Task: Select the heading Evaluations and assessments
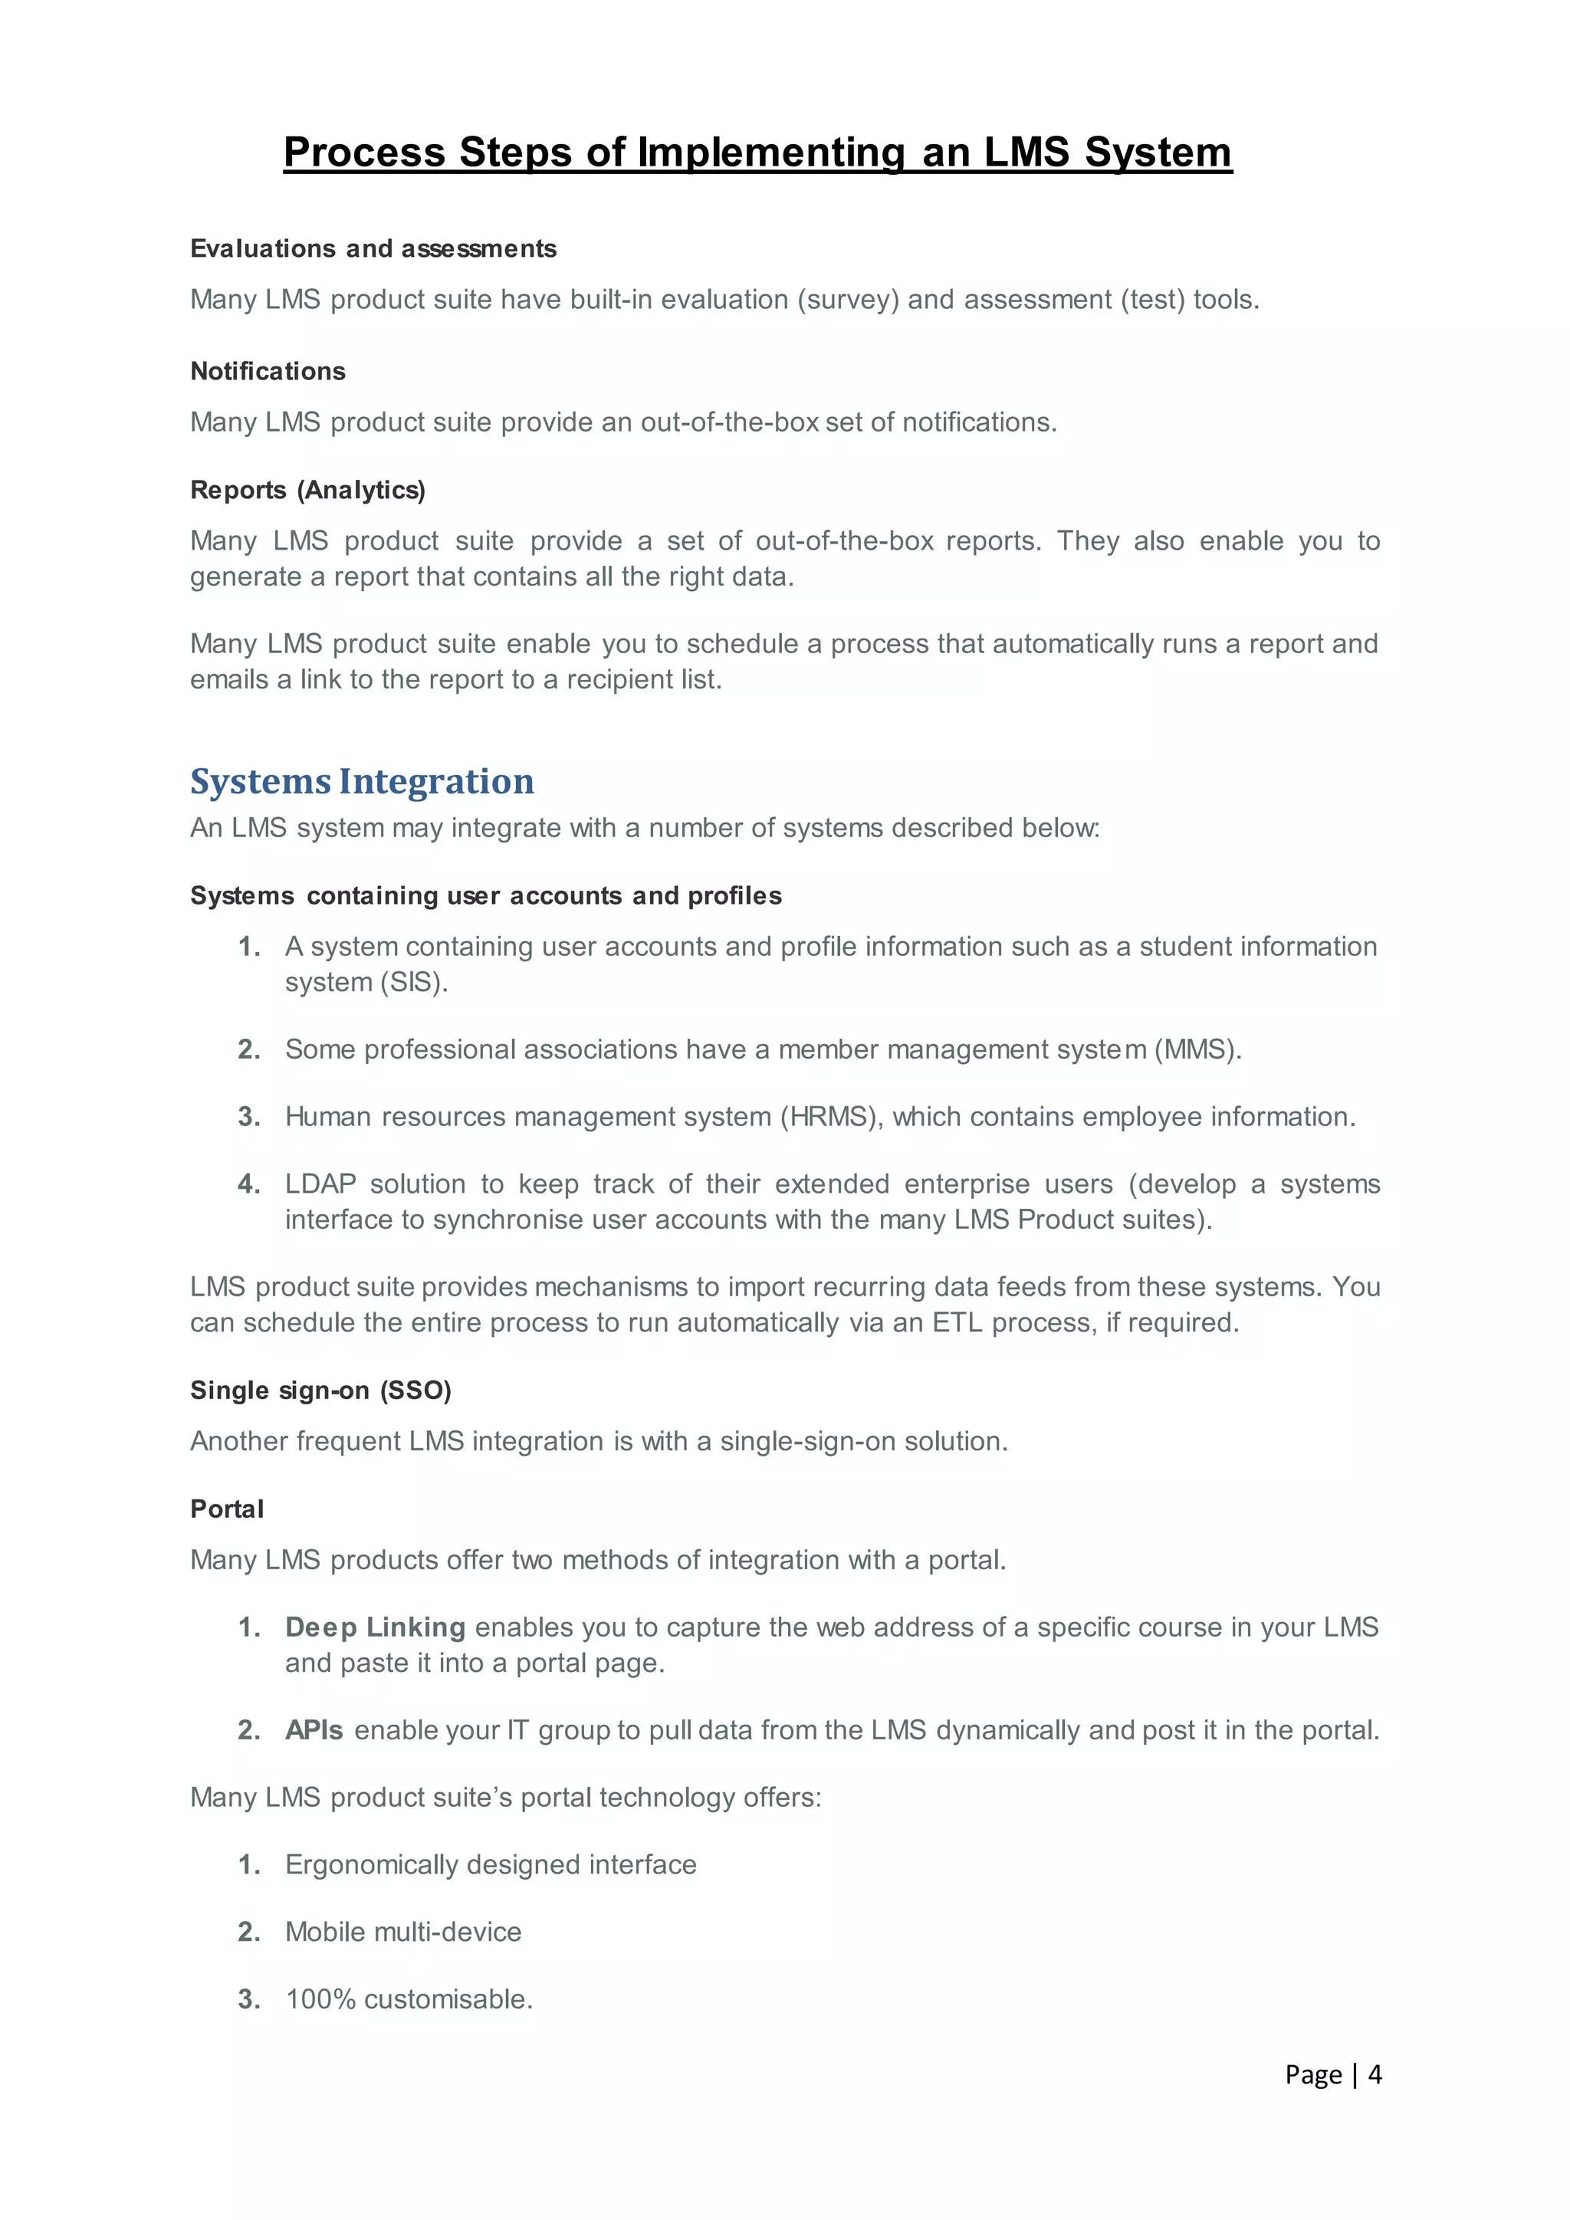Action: pos(373,249)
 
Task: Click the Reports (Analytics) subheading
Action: pos(307,490)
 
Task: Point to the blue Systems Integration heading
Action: pos(362,781)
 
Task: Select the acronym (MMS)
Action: pos(1197,1050)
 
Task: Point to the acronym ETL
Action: pos(956,1322)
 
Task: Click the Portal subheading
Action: pos(227,1509)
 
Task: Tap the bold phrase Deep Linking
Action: pos(375,1627)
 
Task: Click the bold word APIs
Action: pos(314,1731)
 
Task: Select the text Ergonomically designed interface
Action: pos(490,1865)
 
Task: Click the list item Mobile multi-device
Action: pos(403,1933)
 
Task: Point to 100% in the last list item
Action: pos(321,1999)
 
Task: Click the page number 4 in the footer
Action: pos(1374,2075)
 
